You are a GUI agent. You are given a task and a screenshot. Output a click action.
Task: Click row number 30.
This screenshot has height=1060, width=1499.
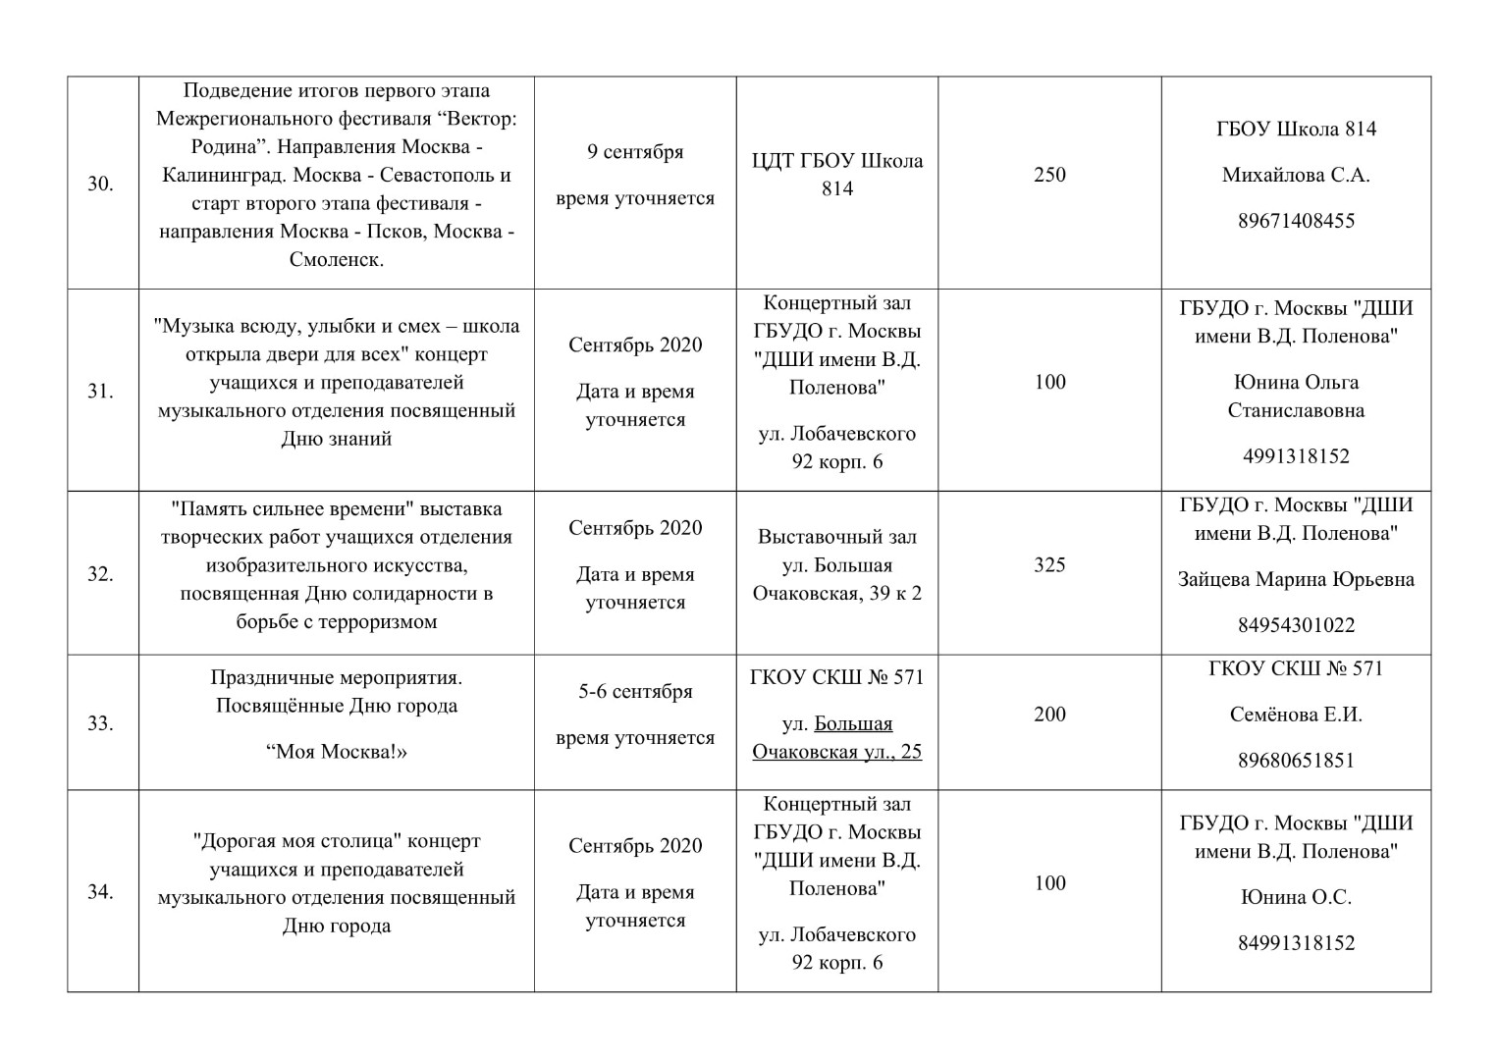[x=100, y=184]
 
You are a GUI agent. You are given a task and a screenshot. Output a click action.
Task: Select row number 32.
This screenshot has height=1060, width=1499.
[x=100, y=574]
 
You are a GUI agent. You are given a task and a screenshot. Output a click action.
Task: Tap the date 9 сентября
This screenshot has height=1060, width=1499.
[x=635, y=152]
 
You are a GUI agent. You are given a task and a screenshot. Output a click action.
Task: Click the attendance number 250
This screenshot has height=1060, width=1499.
[x=1049, y=175]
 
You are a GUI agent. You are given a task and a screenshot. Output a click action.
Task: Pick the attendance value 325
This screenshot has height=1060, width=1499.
[x=1049, y=564]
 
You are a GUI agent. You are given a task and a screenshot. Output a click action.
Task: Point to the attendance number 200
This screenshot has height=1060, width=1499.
[x=1049, y=715]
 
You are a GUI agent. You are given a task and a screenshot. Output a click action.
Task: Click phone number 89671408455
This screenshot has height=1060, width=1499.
[x=1296, y=221]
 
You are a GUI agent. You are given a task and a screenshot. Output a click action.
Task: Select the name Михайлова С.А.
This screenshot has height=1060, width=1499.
[x=1296, y=176]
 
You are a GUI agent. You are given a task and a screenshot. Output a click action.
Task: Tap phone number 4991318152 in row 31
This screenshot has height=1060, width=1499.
[x=1296, y=456]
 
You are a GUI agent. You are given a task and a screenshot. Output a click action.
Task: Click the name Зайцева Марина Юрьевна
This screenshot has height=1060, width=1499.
[x=1296, y=579]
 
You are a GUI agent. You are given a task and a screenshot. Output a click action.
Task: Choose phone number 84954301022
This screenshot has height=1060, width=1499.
[x=1296, y=625]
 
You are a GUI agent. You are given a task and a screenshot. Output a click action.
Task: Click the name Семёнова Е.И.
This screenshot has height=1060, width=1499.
[x=1296, y=715]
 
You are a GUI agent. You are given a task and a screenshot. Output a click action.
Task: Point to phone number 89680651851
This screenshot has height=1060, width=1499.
[x=1296, y=761]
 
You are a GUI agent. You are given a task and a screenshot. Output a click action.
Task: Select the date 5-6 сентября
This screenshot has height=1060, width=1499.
[x=635, y=692]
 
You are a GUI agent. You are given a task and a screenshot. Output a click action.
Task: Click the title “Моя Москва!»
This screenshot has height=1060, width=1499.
[x=336, y=752]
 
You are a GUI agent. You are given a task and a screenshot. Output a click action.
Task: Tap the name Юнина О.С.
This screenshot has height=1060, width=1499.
[x=1296, y=897]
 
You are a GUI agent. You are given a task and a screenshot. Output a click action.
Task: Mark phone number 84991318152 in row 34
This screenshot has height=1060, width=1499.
[x=1296, y=943]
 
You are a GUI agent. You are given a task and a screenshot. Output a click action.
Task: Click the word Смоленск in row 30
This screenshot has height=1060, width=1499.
[x=335, y=260]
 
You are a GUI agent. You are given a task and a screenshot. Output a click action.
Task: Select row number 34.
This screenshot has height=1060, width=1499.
[x=100, y=892]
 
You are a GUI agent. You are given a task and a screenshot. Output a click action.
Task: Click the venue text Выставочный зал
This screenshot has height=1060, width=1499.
[x=836, y=537]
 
